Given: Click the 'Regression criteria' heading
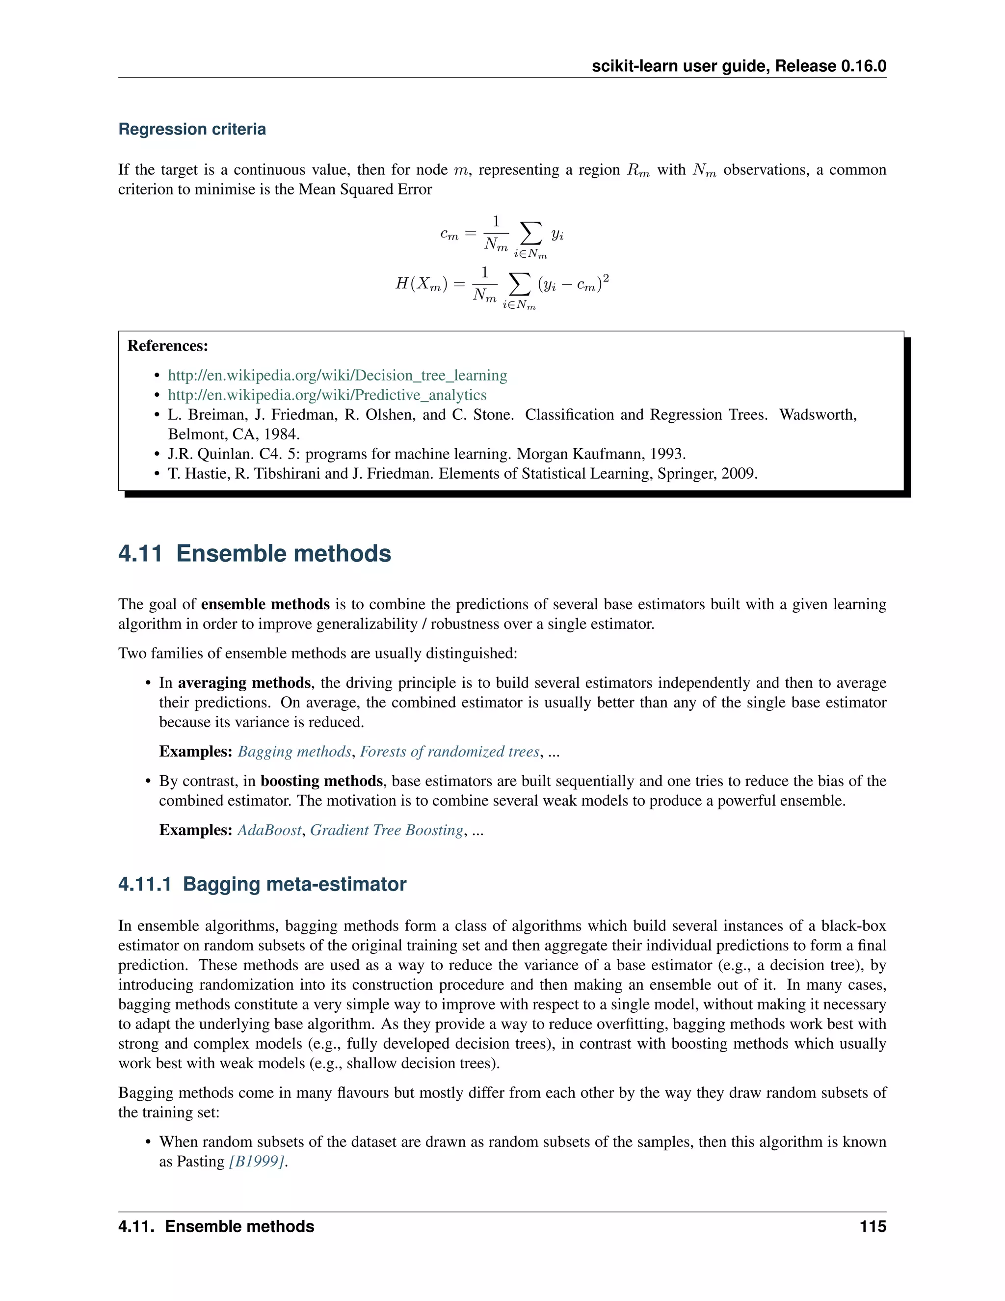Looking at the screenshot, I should click(192, 129).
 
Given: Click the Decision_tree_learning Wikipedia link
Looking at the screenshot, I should click(337, 375).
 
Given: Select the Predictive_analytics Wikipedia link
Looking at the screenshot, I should click(327, 395).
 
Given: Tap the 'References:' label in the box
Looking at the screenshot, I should click(168, 346).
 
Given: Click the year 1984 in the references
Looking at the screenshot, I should click(281, 434).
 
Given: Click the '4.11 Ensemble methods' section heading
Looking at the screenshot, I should click(254, 553).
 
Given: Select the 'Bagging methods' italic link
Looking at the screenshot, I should click(295, 752).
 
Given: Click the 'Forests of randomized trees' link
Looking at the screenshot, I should click(450, 752).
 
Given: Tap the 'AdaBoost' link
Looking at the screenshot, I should click(269, 830).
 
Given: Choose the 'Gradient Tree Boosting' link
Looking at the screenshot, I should click(386, 830).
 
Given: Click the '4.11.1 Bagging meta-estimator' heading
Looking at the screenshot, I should click(262, 884).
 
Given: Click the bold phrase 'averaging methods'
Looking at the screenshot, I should click(244, 683).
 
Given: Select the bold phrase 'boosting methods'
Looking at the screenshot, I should click(321, 781).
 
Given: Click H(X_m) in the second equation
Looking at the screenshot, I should click(422, 284).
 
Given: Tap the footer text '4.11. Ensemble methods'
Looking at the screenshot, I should click(216, 1226).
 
